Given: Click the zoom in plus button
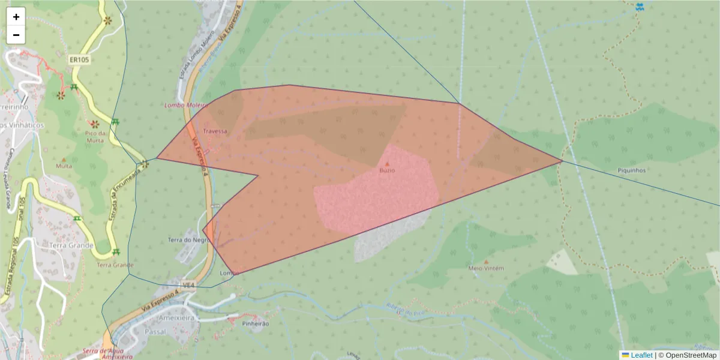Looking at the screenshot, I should click(16, 17).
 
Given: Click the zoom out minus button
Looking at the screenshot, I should click(16, 35).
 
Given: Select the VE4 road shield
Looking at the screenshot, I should click(189, 284).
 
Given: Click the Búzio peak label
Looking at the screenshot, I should click(387, 170).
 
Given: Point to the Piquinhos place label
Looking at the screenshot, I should click(631, 170).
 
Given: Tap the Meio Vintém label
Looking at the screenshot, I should click(485, 268).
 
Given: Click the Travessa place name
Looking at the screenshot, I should click(215, 131).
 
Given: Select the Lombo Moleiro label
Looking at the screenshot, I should click(185, 105).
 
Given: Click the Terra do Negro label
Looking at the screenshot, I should click(188, 240).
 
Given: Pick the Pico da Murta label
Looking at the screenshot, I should click(94, 136).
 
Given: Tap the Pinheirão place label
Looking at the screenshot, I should click(255, 323).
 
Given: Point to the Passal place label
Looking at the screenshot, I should click(155, 331).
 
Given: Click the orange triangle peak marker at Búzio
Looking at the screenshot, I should click(387, 163).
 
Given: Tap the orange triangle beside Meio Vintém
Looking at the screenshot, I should click(486, 262).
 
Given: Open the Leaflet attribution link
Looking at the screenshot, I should click(640, 355).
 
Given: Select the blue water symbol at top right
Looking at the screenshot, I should click(640, 7).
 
